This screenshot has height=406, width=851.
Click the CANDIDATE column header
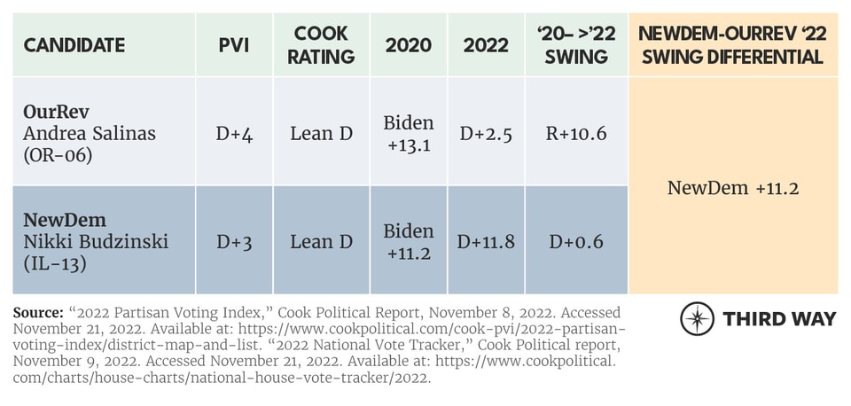[x=74, y=45]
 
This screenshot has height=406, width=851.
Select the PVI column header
[x=233, y=45]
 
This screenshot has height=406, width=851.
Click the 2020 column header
[x=409, y=45]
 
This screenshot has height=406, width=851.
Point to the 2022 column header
[x=486, y=45]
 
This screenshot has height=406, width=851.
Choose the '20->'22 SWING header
[x=577, y=45]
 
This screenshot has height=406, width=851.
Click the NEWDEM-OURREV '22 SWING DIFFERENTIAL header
[x=733, y=45]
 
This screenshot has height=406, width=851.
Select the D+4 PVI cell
[x=233, y=133]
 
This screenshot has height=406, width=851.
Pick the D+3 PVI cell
[x=233, y=240]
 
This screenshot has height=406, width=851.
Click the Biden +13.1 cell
[x=409, y=133]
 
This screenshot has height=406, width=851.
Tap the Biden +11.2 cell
[x=409, y=240]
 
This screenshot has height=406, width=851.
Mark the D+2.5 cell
[x=486, y=133]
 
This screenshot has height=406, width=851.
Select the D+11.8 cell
[x=486, y=240]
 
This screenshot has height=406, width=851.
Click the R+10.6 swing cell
[x=577, y=133]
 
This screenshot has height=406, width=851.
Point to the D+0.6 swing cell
[x=577, y=240]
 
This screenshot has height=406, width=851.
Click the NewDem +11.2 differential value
[x=733, y=187]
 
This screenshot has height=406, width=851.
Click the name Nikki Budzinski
[x=91, y=240]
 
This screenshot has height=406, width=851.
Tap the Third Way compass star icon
[x=697, y=318]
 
